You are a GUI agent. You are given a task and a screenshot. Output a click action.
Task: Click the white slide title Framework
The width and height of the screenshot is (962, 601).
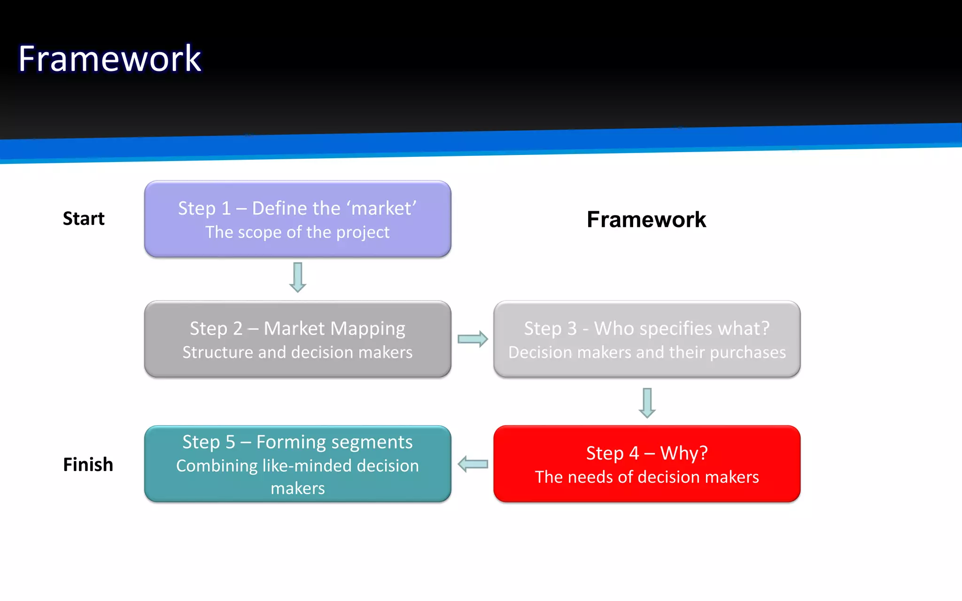109,59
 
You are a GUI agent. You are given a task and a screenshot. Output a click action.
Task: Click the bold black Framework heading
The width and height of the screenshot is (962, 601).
646,219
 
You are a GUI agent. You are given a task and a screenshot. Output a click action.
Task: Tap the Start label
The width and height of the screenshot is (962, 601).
84,218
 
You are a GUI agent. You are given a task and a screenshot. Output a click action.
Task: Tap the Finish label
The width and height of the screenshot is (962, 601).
88,464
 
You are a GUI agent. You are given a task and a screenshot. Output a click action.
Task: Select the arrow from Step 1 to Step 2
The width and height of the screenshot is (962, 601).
297,277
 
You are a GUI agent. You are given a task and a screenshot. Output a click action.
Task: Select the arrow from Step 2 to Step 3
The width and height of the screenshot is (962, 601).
472,339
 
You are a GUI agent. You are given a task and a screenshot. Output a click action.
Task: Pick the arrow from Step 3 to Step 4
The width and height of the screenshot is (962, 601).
647,402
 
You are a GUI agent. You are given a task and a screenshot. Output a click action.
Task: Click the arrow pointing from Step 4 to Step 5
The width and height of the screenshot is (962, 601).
473,464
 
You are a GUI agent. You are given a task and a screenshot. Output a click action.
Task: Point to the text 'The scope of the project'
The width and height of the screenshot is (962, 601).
297,232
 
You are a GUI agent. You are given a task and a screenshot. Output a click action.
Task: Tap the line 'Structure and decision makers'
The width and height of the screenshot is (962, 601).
297,352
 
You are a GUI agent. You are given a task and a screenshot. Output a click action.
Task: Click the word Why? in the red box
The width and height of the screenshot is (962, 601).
683,453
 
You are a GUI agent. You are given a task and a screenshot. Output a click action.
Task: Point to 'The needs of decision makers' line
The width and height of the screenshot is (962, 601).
647,477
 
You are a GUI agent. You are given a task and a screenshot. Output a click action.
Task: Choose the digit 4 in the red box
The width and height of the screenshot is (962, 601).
634,453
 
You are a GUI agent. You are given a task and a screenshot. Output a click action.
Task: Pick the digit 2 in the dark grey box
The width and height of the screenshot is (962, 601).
238,329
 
